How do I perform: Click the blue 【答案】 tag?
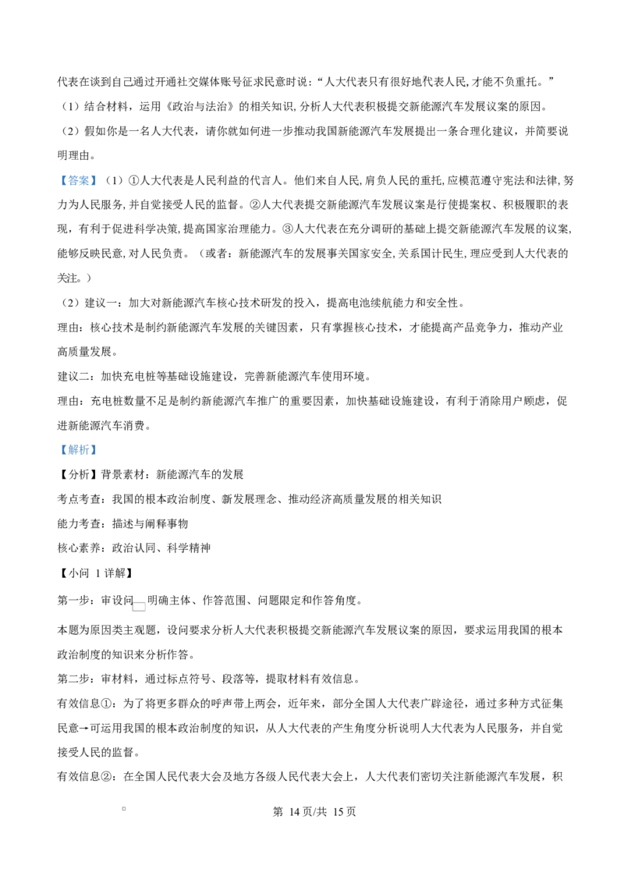[78, 180]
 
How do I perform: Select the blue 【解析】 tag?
[78, 449]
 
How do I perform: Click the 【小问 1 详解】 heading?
[96, 573]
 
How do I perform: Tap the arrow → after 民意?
[85, 728]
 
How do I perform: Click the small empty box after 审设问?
[139, 606]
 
